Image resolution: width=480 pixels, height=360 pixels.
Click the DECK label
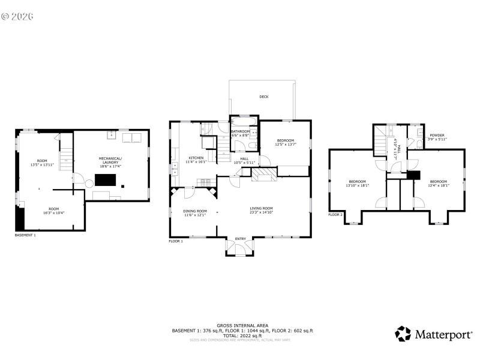click(x=263, y=97)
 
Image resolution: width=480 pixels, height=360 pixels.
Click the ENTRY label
click(x=241, y=239)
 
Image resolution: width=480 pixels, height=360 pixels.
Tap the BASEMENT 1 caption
click(x=25, y=235)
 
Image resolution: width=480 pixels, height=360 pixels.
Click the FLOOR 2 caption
click(x=335, y=214)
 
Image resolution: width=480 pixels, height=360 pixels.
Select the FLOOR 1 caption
click(x=176, y=241)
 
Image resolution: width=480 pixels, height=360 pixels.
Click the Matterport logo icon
click(x=403, y=334)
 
